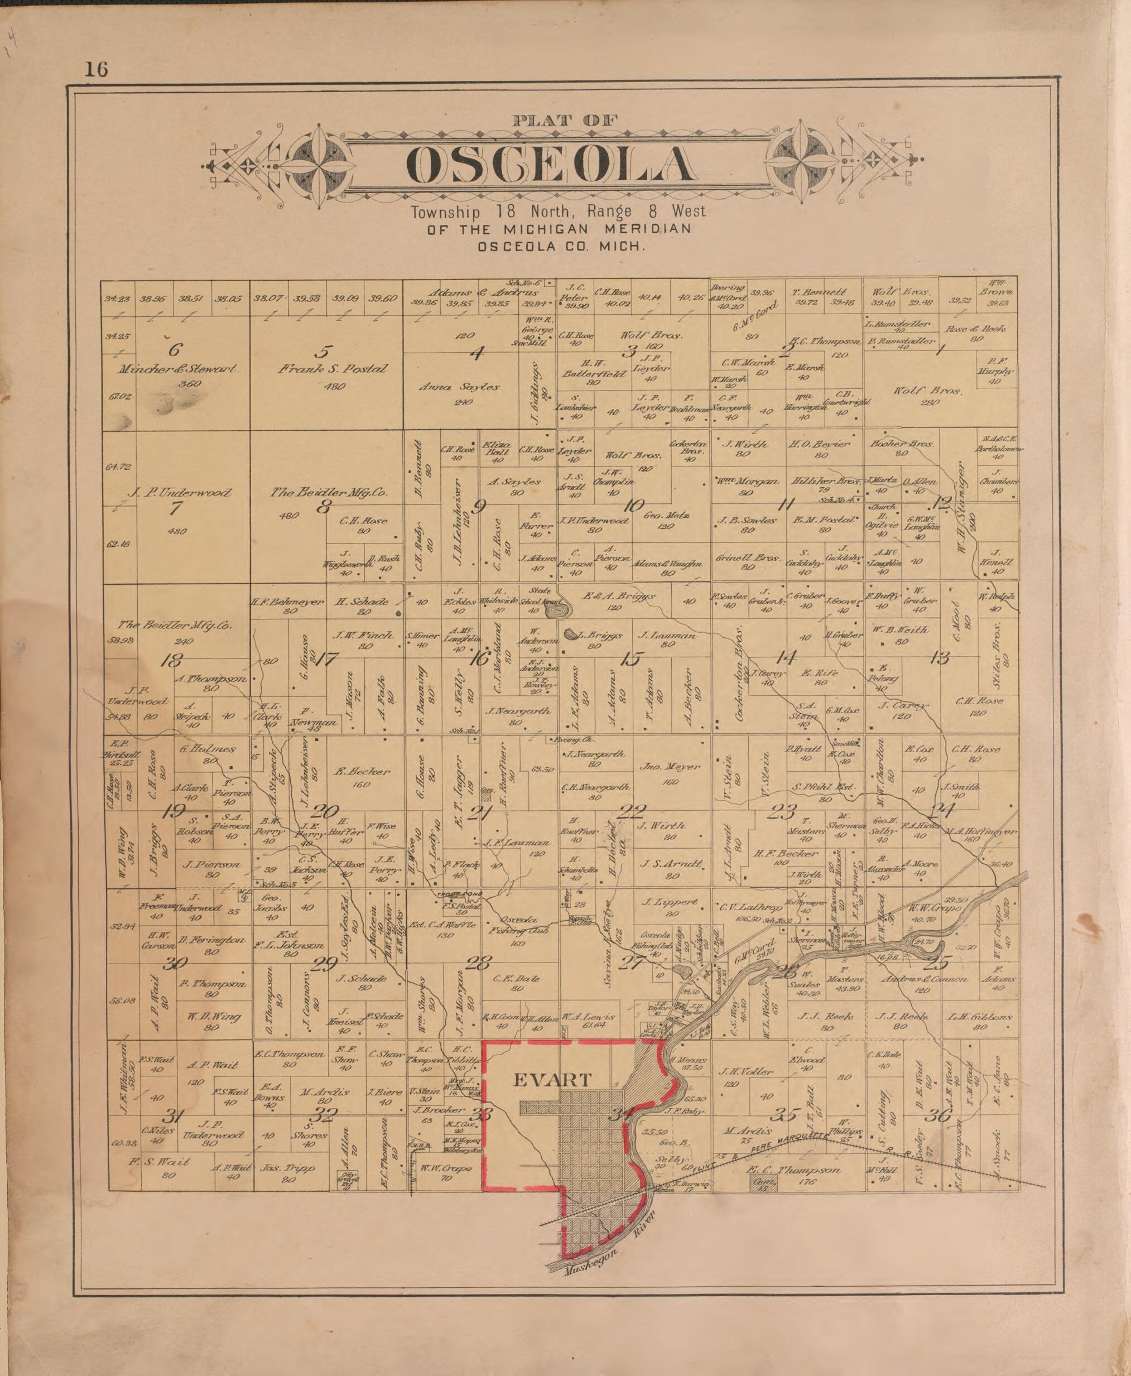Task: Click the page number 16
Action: [96, 69]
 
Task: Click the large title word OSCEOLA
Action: [551, 164]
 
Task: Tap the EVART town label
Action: [552, 1080]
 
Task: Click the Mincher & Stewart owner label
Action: [177, 369]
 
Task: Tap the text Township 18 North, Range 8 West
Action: [557, 211]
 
